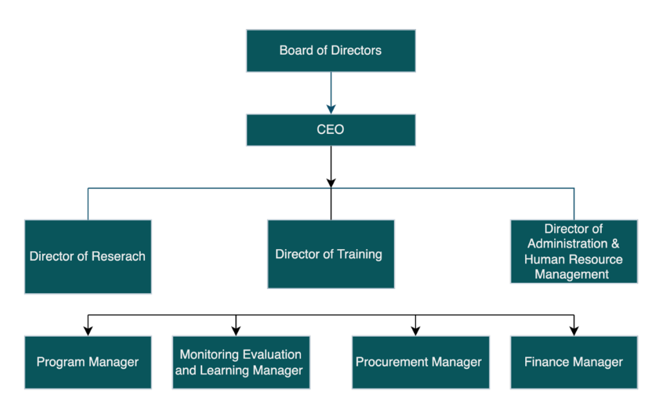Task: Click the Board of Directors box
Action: tap(331, 50)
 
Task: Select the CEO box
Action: tap(331, 130)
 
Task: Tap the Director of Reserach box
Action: tap(88, 257)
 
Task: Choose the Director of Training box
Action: tap(331, 254)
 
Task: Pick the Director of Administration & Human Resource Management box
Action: tap(573, 251)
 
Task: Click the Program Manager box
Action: tap(88, 362)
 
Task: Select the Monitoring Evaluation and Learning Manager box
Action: tap(241, 362)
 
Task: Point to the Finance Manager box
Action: tap(573, 362)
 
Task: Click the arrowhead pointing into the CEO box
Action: tap(331, 109)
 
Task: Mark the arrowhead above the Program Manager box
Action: tap(88, 330)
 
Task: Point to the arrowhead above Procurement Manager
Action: tap(415, 330)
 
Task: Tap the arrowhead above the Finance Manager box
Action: tap(573, 330)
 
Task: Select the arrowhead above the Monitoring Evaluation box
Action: tap(236, 330)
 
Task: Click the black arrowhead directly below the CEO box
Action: tap(331, 182)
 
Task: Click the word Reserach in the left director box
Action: tap(119, 257)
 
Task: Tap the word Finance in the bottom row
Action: tap(545, 362)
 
